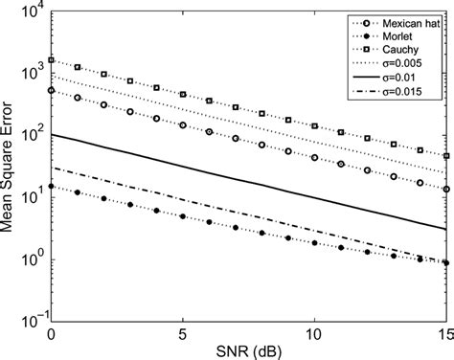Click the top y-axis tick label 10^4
click(x=32, y=11)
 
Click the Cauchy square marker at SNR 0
click(x=51, y=59)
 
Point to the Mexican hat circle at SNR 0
click(x=51, y=90)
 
